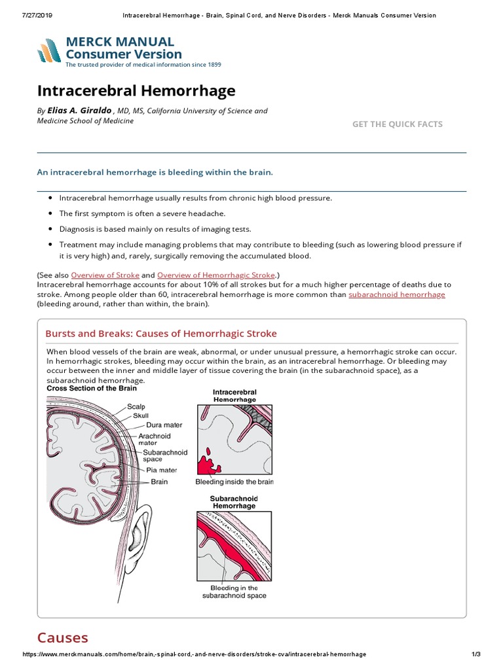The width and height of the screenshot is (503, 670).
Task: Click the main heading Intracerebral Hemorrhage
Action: pyautogui.click(x=136, y=90)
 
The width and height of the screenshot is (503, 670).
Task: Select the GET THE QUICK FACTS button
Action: pyautogui.click(x=397, y=124)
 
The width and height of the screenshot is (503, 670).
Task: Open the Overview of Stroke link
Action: pyautogui.click(x=105, y=275)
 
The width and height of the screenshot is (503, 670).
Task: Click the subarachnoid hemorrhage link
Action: pyautogui.click(x=396, y=294)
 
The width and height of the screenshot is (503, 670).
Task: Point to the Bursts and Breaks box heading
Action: pyautogui.click(x=161, y=334)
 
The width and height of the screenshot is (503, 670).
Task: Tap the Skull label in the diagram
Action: pyautogui.click(x=141, y=415)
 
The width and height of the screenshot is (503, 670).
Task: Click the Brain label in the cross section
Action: pyautogui.click(x=159, y=482)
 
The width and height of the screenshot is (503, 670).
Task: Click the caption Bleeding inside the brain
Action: pyautogui.click(x=234, y=482)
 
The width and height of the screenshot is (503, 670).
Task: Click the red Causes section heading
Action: pyautogui.click(x=63, y=637)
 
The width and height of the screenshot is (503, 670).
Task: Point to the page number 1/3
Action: pyautogui.click(x=476, y=654)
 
